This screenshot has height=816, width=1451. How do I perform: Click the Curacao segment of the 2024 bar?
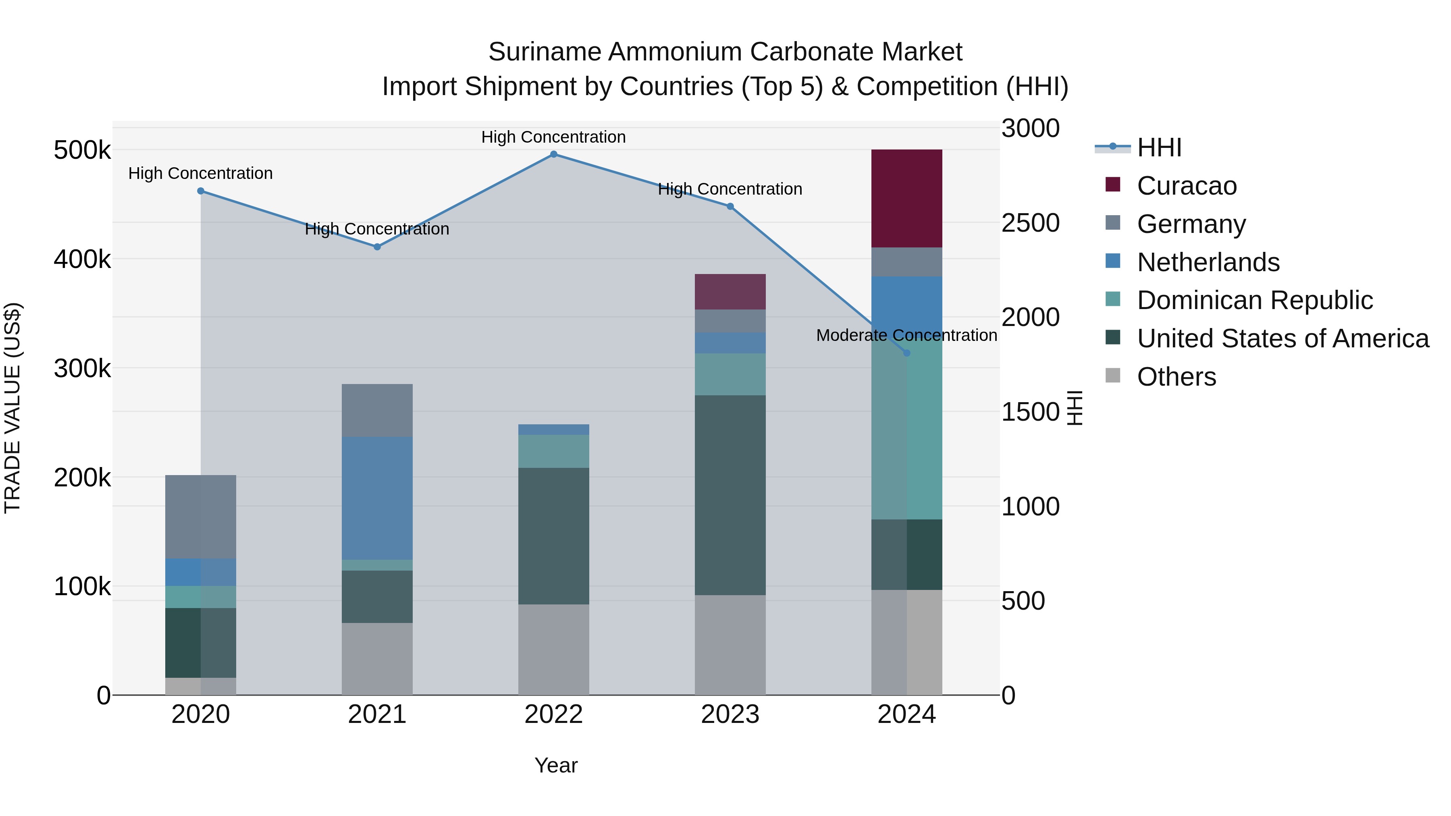click(906, 198)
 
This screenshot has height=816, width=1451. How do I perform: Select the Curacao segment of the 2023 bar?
click(730, 292)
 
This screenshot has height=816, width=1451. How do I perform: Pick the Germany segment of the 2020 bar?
click(201, 517)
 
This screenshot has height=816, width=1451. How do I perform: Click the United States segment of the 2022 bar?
click(553, 536)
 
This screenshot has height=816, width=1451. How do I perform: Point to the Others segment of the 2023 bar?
click(730, 645)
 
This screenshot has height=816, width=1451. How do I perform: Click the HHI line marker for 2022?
click(553, 154)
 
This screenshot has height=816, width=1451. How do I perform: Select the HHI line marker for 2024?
click(906, 353)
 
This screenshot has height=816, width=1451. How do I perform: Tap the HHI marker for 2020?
click(201, 191)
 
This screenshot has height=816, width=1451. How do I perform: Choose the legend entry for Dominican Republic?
click(1254, 300)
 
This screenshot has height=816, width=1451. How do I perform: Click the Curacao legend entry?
click(1186, 186)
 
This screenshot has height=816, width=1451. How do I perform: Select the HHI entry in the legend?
click(1159, 147)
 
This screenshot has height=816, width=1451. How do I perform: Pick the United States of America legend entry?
click(1283, 338)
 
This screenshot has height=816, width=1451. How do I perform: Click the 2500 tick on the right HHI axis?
click(1030, 223)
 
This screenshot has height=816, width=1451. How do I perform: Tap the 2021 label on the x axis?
click(377, 714)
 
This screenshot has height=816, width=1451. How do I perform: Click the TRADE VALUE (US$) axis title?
click(12, 408)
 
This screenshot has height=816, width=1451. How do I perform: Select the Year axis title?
click(555, 765)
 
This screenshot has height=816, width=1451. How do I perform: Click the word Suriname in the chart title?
click(544, 52)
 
